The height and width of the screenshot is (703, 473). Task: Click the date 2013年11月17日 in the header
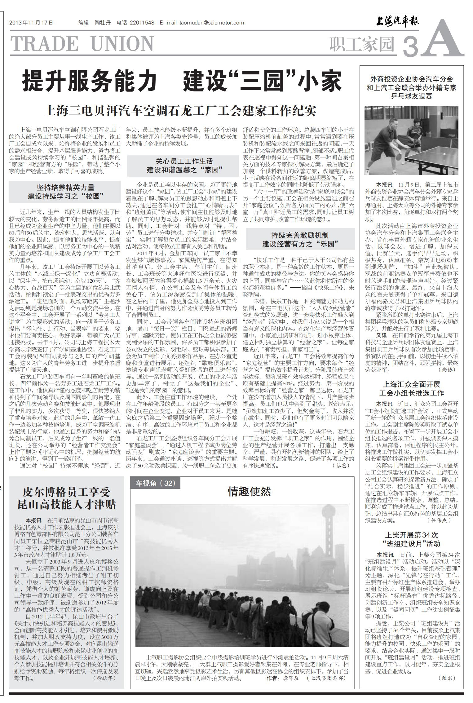click(31, 23)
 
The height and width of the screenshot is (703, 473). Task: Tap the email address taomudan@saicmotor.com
click(212, 23)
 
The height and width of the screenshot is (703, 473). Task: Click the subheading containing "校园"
click(65, 192)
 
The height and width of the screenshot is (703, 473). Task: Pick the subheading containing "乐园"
click(300, 239)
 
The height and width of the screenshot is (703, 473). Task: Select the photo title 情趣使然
click(249, 491)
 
